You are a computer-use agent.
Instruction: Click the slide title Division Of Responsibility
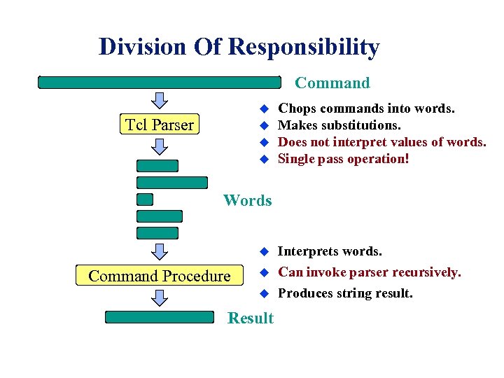[x=239, y=47]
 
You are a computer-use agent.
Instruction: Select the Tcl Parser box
[x=159, y=125]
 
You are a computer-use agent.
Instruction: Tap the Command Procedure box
[x=159, y=276]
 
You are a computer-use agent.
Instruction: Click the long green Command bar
[x=159, y=83]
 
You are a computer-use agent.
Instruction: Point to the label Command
[x=332, y=83]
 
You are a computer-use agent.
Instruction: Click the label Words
[x=247, y=200]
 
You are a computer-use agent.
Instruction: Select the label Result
[x=251, y=318]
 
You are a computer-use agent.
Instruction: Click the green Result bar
[x=159, y=317]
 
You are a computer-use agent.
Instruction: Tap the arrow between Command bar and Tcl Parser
[x=160, y=99]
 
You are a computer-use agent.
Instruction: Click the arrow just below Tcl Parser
[x=160, y=146]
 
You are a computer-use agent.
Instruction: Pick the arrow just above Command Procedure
[x=160, y=251]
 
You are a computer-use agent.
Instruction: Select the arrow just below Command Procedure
[x=160, y=298]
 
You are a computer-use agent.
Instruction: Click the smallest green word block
[x=145, y=199]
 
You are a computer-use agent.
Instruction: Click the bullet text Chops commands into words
[x=366, y=108]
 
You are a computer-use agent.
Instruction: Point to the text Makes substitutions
[x=339, y=125]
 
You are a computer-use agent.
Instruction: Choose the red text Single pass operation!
[x=343, y=159]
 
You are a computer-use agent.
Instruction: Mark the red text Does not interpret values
[x=381, y=142]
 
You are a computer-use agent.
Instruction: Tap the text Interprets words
[x=330, y=251]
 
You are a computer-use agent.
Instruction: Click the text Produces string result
[x=345, y=293]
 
